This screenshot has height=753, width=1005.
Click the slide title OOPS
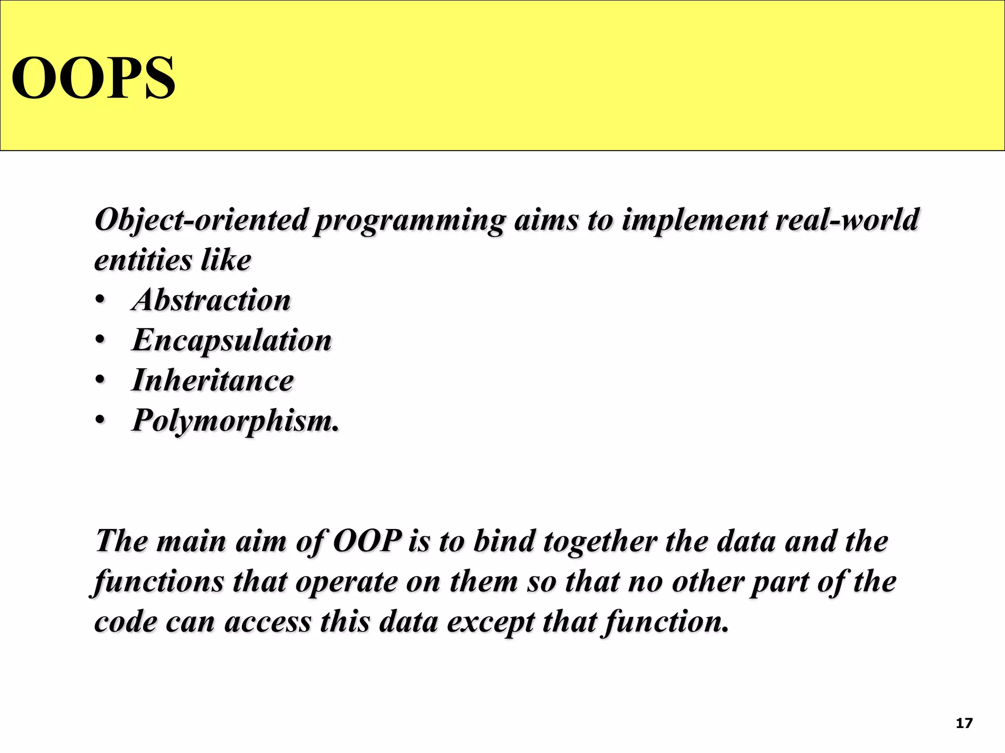[x=93, y=78]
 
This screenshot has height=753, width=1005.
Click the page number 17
[x=964, y=724]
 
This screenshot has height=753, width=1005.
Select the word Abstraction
[x=212, y=300]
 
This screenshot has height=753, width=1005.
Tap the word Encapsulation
[x=232, y=340]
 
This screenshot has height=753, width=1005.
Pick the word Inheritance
[x=212, y=380]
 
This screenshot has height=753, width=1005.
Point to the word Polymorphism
[x=235, y=421]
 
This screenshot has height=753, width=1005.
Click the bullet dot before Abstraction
[x=100, y=301]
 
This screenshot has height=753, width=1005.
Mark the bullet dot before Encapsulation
[x=100, y=341]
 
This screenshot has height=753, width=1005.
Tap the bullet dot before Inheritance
[x=100, y=381]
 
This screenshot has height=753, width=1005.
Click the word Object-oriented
[x=202, y=220]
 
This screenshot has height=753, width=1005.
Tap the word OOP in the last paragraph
[x=367, y=541]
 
